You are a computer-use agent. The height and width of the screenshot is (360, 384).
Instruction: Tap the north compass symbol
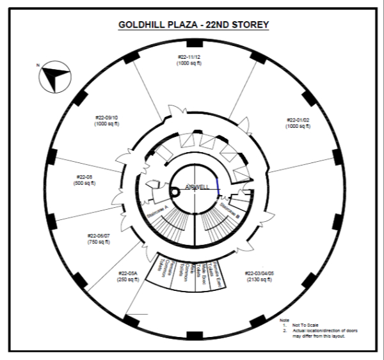pyautogui.click(x=52, y=79)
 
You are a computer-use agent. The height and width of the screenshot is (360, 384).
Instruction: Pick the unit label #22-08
pyautogui.click(x=85, y=177)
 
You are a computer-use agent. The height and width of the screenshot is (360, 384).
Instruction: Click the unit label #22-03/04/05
pyautogui.click(x=260, y=273)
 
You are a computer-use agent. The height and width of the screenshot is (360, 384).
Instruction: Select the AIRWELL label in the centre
pyautogui.click(x=197, y=187)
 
